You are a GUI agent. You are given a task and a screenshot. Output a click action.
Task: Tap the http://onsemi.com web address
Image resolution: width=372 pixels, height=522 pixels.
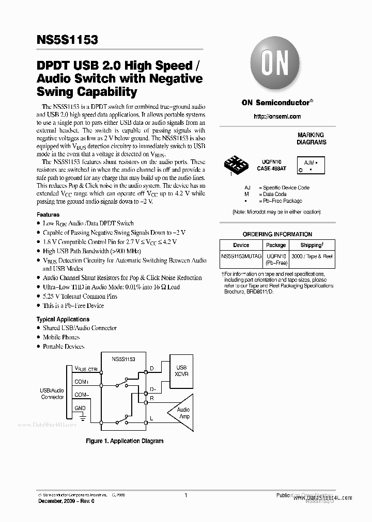click(277, 117)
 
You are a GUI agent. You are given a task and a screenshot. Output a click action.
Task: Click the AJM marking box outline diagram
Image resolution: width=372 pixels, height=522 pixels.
click(310, 165)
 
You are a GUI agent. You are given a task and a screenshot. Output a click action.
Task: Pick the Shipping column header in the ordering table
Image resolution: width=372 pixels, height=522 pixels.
click(312, 245)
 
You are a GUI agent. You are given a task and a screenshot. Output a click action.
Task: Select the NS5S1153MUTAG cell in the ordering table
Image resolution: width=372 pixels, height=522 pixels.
click(241, 256)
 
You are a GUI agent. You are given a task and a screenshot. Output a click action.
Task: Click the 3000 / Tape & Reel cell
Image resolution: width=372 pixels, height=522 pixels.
click(312, 256)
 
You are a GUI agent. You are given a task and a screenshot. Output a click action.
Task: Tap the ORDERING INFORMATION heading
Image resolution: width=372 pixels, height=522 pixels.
click(277, 234)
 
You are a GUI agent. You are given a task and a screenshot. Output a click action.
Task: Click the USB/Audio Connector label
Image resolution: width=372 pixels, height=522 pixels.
click(52, 394)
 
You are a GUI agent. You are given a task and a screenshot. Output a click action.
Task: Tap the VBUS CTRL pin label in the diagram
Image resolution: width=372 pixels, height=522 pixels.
click(86, 369)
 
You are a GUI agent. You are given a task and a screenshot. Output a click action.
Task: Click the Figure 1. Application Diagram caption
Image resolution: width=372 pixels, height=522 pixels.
click(124, 441)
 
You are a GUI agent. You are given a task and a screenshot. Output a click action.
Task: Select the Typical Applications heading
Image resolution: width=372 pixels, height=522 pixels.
click(62, 319)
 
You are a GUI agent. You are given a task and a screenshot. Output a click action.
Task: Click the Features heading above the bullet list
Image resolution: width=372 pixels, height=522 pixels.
click(48, 215)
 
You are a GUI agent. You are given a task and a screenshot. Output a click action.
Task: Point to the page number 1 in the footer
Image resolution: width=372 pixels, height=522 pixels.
click(185, 495)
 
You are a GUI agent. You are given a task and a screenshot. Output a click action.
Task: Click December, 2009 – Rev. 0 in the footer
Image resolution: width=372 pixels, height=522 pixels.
click(62, 501)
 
